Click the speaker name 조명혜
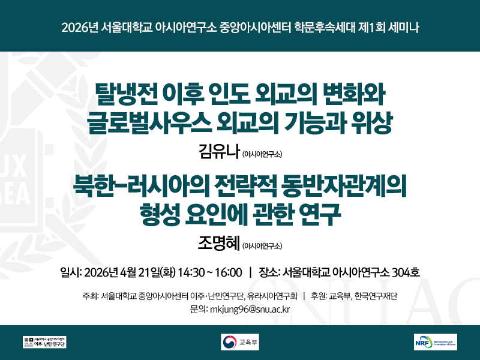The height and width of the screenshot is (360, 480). tap(218, 242)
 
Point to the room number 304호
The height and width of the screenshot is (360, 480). tap(405, 273)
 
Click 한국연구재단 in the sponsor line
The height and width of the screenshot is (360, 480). tap(377, 296)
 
